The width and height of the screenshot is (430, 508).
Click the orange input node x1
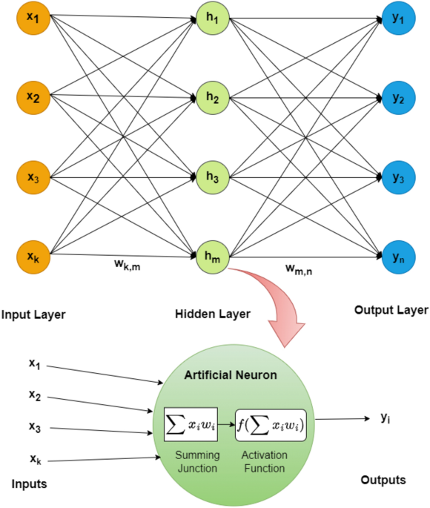[33, 16]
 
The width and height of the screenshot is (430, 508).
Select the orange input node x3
[33, 178]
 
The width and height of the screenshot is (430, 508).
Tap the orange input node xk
[33, 257]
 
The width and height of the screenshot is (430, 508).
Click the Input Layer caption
[33, 314]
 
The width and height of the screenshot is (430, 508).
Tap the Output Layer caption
[390, 311]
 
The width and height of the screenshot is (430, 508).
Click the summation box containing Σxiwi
[192, 424]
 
